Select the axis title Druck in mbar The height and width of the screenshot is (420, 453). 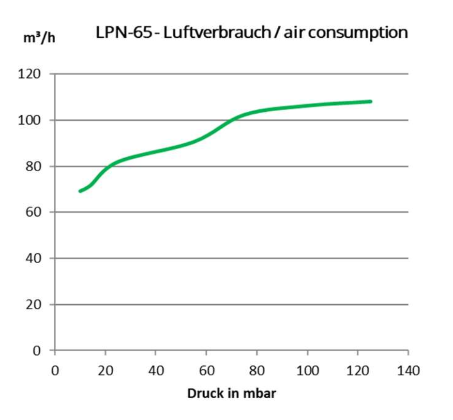coord(231,393)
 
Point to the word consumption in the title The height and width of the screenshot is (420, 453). coord(357,33)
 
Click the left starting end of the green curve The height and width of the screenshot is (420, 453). coord(80,191)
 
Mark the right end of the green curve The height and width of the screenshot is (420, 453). coord(370,102)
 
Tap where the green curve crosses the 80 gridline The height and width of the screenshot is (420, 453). coord(108,166)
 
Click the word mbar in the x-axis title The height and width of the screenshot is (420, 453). coord(258,393)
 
